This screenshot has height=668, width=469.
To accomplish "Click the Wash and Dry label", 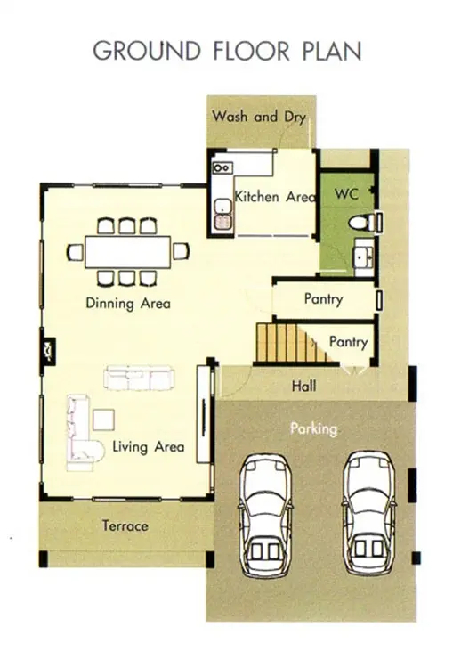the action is [x=259, y=117].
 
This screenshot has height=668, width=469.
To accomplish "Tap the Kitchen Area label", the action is [x=275, y=197].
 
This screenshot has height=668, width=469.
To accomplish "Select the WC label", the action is [x=346, y=194].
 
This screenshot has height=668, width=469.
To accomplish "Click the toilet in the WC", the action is [x=361, y=222].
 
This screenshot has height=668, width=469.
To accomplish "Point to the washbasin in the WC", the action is [x=364, y=257].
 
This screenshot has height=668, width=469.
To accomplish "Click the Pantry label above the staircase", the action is [x=323, y=299].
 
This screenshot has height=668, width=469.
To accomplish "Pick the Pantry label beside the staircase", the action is [x=348, y=342].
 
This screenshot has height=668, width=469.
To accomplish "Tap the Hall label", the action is [x=303, y=387].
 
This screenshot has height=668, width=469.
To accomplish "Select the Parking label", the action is [x=313, y=428].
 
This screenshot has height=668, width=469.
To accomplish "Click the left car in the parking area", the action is [x=265, y=515].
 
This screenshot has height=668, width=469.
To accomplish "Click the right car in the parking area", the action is [x=369, y=512].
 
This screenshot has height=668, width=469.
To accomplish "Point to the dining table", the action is [x=127, y=252].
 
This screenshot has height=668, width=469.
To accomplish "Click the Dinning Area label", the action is [x=128, y=304].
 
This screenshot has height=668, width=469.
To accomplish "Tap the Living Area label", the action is [x=149, y=447].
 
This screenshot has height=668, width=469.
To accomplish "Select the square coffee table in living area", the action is [x=104, y=420].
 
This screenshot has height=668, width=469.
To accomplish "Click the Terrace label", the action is [x=125, y=526].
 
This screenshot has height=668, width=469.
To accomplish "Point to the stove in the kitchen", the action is [x=222, y=167].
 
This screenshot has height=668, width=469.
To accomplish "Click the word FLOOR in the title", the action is [x=251, y=51].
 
